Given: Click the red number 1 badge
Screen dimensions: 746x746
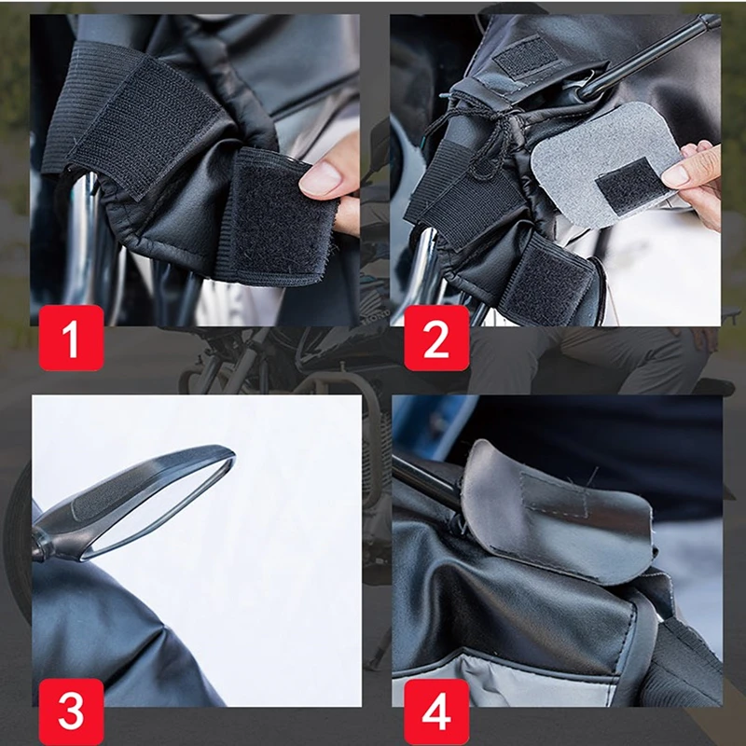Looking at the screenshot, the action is pos(72,338).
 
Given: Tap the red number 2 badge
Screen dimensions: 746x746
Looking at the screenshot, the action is pos(436,338).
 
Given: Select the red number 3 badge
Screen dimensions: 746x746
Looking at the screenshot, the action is pos(72,711).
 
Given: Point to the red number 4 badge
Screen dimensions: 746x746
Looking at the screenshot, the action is pos(436,711).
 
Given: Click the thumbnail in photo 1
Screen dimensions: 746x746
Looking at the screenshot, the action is pos(320,179).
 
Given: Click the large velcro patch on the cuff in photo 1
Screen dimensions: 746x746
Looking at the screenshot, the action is pos(143,124).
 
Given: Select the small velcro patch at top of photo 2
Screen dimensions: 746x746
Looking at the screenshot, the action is pos(526,57).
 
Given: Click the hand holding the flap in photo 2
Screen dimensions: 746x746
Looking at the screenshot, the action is pos(695,181).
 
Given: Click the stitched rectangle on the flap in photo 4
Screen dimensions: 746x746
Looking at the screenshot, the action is pos(554,495).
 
